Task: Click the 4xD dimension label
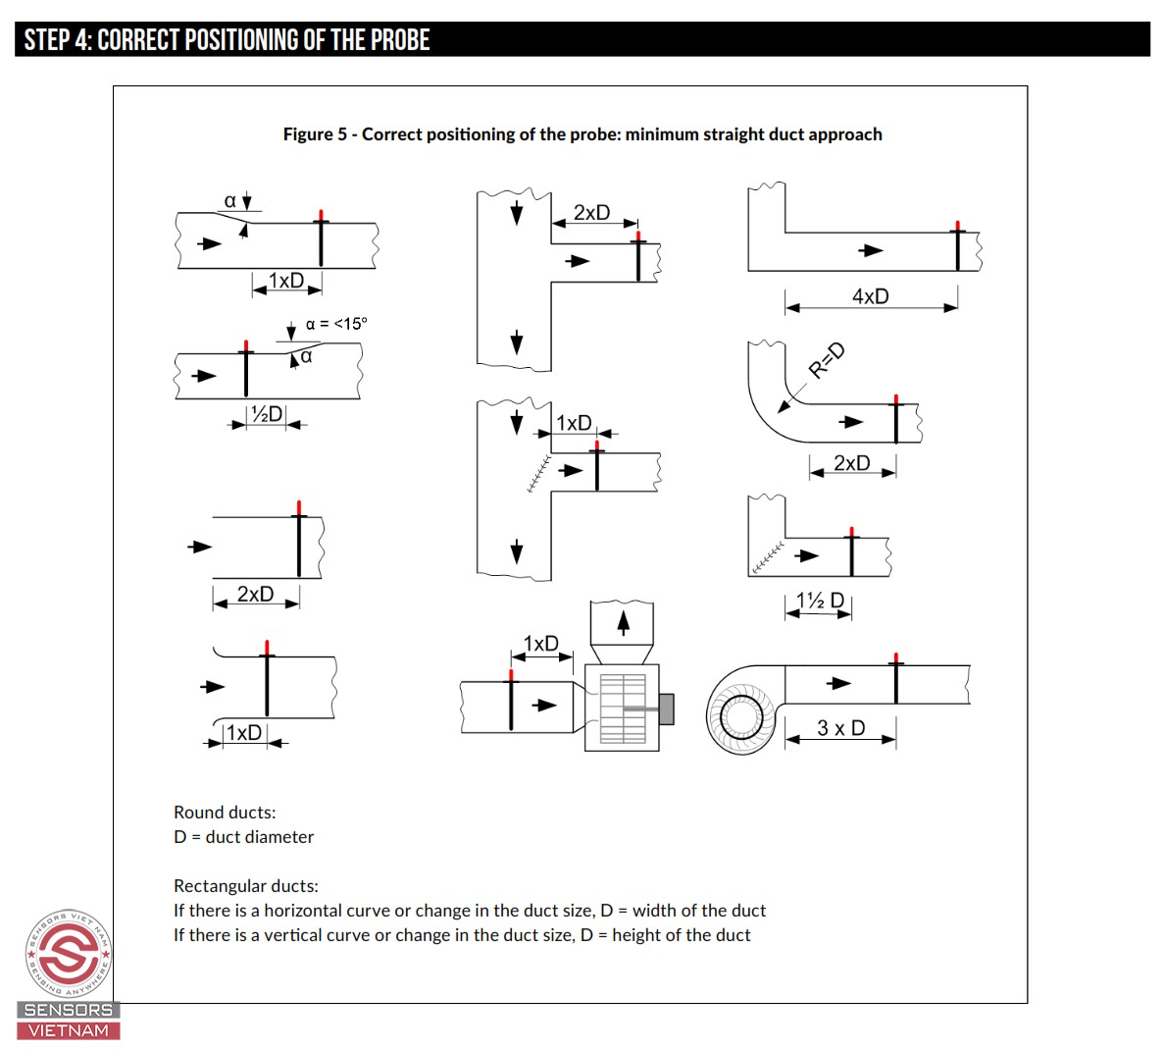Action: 870,296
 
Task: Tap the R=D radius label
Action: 826,360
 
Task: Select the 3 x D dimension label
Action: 840,728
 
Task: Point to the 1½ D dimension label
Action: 820,601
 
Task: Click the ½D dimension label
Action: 266,414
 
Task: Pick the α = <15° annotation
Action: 335,324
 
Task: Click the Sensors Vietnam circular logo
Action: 69,952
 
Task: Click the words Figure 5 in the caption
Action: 315,134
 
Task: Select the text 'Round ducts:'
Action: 225,813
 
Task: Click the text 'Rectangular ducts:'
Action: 246,886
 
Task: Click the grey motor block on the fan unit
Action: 667,708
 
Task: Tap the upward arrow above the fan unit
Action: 622,621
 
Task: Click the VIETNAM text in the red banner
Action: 69,1030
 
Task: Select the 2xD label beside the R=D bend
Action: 851,463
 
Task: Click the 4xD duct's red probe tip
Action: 958,226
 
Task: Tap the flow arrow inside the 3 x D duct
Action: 838,683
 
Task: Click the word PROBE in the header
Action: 399,40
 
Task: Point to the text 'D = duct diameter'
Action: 243,837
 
